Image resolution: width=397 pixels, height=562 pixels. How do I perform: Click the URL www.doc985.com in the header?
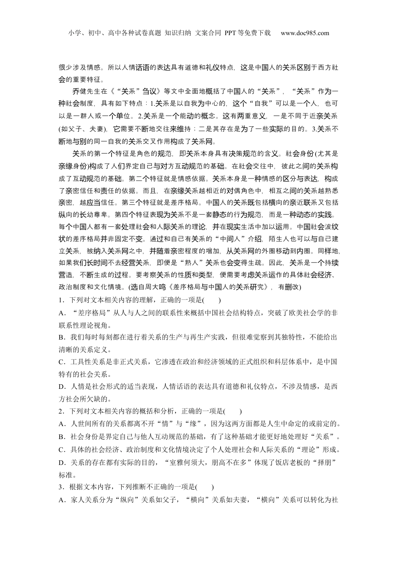click(x=305, y=33)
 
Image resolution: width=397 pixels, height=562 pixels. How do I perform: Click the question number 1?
click(x=61, y=300)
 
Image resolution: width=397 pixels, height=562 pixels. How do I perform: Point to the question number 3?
click(x=61, y=487)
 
